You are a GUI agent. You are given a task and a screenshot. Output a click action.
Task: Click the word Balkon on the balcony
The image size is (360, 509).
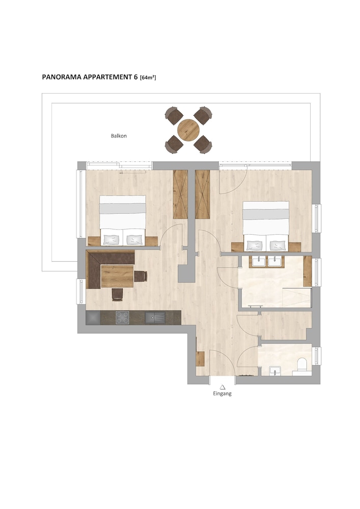point(119,136)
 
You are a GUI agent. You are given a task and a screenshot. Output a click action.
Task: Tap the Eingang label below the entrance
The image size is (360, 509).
point(223,394)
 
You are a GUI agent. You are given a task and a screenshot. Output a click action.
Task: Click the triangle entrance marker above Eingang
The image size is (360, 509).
point(223,387)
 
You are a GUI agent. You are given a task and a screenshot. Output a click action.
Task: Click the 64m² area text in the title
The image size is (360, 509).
point(148,77)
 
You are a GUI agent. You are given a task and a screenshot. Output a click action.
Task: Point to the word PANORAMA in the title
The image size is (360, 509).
point(62,77)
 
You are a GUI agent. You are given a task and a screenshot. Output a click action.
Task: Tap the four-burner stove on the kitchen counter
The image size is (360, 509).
point(122,318)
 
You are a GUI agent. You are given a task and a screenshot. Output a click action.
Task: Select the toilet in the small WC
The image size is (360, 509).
point(302,364)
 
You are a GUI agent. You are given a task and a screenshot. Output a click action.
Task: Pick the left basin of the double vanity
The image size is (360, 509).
point(259,261)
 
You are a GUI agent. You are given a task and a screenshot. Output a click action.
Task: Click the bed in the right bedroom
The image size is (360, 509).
point(266,226)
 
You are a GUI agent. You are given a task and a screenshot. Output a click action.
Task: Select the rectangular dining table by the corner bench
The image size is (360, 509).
point(118,276)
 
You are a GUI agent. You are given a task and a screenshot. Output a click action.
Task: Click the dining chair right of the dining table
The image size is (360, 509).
point(141,276)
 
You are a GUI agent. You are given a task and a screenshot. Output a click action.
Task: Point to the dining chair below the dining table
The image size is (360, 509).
point(118,294)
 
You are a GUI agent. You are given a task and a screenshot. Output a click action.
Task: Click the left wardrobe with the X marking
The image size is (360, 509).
point(180,194)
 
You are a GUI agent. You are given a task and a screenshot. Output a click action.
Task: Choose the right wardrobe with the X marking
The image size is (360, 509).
point(203,194)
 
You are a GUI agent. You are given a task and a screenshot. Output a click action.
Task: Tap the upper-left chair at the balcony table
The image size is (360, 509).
point(174,116)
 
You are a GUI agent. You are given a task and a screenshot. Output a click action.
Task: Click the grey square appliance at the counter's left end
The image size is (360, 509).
point(93,318)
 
